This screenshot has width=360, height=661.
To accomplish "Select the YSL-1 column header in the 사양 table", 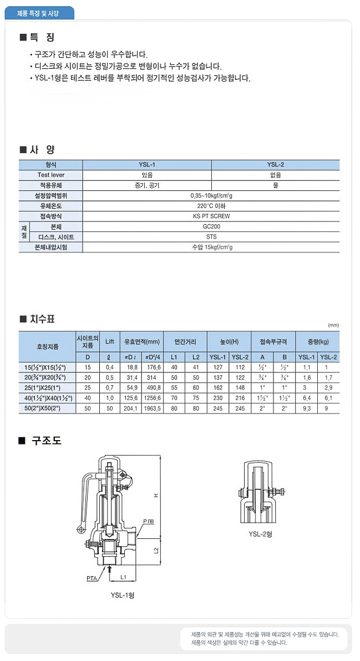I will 146,164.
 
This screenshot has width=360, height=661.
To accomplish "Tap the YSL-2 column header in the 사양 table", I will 275,164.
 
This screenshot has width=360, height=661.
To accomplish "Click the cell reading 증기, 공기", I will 146,185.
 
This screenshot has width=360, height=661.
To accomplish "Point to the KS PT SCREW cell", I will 211,216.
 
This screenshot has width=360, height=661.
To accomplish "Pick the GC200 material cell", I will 211,226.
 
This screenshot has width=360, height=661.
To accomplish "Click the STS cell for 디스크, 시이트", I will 211,237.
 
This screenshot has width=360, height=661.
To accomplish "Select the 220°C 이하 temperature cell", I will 211,206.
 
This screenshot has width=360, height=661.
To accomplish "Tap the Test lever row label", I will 51,175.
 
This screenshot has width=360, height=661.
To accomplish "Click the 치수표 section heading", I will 42,319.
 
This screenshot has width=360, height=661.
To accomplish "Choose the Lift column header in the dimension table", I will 110,341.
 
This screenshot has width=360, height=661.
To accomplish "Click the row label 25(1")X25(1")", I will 47,387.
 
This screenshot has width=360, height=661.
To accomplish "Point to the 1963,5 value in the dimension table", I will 152,408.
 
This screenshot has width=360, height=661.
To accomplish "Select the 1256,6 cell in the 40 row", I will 152,398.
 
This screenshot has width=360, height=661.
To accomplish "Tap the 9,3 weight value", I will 307,408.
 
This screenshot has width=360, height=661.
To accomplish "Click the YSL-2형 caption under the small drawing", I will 260,534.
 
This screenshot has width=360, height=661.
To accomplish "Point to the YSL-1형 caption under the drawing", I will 123,595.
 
